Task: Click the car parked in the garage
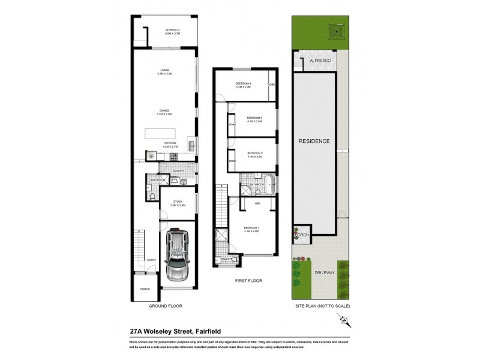click(x=178, y=255)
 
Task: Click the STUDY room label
click(x=178, y=202)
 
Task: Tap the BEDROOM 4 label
click(x=243, y=83)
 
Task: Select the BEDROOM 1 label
click(x=251, y=228)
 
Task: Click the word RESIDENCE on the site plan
click(x=314, y=141)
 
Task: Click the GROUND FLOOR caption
click(x=165, y=306)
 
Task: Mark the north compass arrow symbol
click(x=344, y=322)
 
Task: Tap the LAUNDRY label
click(x=177, y=171)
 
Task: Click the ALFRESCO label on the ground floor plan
click(x=173, y=30)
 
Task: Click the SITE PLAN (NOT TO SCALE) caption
click(x=322, y=306)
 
